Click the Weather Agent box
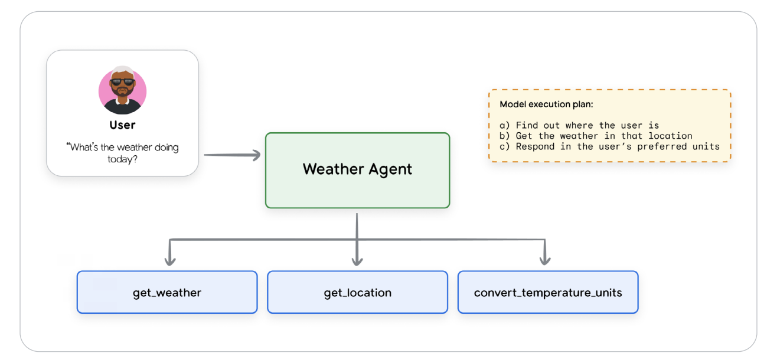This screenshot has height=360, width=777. pyautogui.click(x=357, y=170)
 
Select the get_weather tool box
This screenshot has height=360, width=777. pyautogui.click(x=167, y=292)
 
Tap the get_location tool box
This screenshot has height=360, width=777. pyautogui.click(x=357, y=292)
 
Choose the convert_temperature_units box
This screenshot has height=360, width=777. pyautogui.click(x=548, y=292)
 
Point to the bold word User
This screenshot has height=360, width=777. pyautogui.click(x=122, y=125)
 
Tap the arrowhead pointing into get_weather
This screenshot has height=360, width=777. pyautogui.click(x=170, y=259)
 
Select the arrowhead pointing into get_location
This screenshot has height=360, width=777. pyautogui.click(x=357, y=259)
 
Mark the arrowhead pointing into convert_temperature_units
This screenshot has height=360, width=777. pyautogui.click(x=545, y=259)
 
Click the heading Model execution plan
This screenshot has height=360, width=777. pyautogui.click(x=546, y=104)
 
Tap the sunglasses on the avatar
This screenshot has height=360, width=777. pyautogui.click(x=122, y=82)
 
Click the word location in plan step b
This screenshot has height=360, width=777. pyautogui.click(x=670, y=136)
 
